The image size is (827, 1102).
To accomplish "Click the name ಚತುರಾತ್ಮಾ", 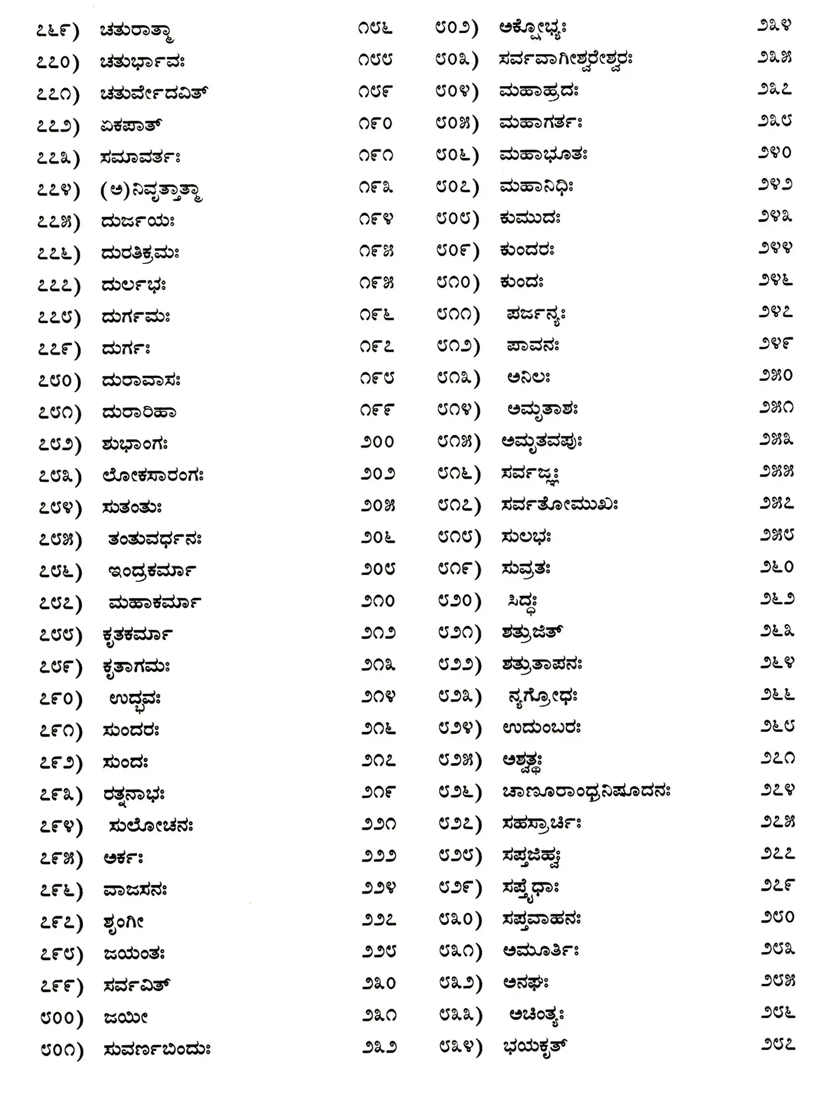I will click(x=137, y=31).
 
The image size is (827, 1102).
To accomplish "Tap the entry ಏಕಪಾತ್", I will click(x=131, y=126).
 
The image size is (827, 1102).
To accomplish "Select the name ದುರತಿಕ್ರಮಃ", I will click(x=140, y=253).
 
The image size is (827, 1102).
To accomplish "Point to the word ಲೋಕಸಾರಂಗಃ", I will click(x=153, y=476).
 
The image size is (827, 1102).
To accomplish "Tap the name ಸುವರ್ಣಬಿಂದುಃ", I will click(x=157, y=1049).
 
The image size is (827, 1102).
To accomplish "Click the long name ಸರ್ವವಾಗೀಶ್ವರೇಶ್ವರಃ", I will click(x=566, y=58).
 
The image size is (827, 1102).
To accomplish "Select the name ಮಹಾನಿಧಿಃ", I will click(x=536, y=187).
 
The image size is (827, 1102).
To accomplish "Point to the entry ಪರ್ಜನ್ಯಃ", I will click(x=536, y=315).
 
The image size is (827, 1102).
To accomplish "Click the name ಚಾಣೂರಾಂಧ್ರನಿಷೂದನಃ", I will click(x=586, y=792).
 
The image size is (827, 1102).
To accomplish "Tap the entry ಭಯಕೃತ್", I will click(x=534, y=1046).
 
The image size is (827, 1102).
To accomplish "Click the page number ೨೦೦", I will click(x=378, y=442).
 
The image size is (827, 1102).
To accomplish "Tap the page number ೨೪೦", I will click(x=775, y=153).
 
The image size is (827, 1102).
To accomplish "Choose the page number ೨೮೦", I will click(x=777, y=917).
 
